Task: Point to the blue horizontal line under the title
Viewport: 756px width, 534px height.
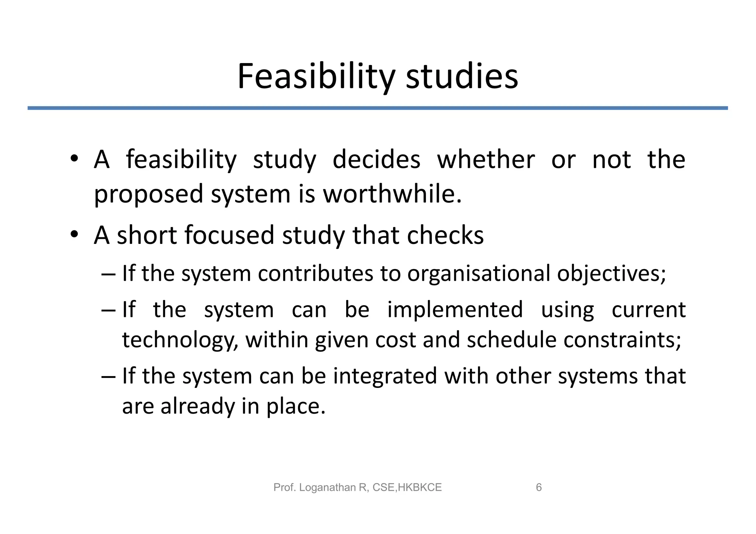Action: click(x=378, y=108)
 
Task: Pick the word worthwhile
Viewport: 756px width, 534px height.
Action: click(x=392, y=194)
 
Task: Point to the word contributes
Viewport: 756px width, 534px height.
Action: click(x=315, y=273)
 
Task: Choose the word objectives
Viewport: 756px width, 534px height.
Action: click(x=611, y=274)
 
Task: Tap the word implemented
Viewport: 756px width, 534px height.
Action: click(x=455, y=309)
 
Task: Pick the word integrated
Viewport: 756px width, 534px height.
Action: click(x=385, y=376)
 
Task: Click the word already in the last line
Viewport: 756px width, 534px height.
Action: click(x=198, y=407)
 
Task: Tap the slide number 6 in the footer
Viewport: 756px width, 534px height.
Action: click(x=539, y=488)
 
